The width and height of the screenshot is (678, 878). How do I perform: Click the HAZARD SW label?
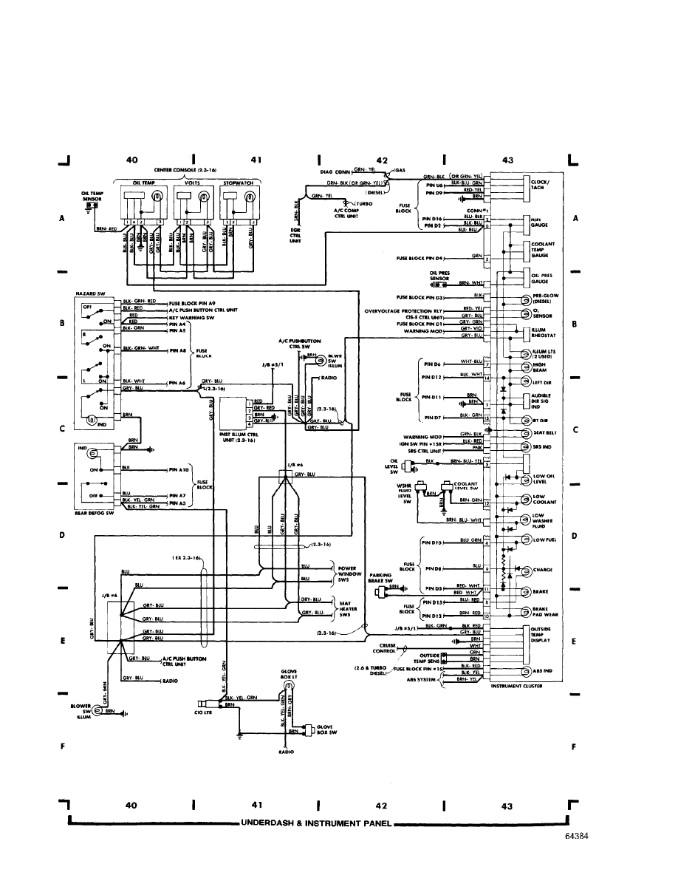point(89,293)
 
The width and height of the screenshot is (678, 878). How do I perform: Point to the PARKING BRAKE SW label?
point(382,578)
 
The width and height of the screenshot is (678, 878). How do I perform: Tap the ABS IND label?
point(542,671)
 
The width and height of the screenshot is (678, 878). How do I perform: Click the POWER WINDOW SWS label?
point(348,575)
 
